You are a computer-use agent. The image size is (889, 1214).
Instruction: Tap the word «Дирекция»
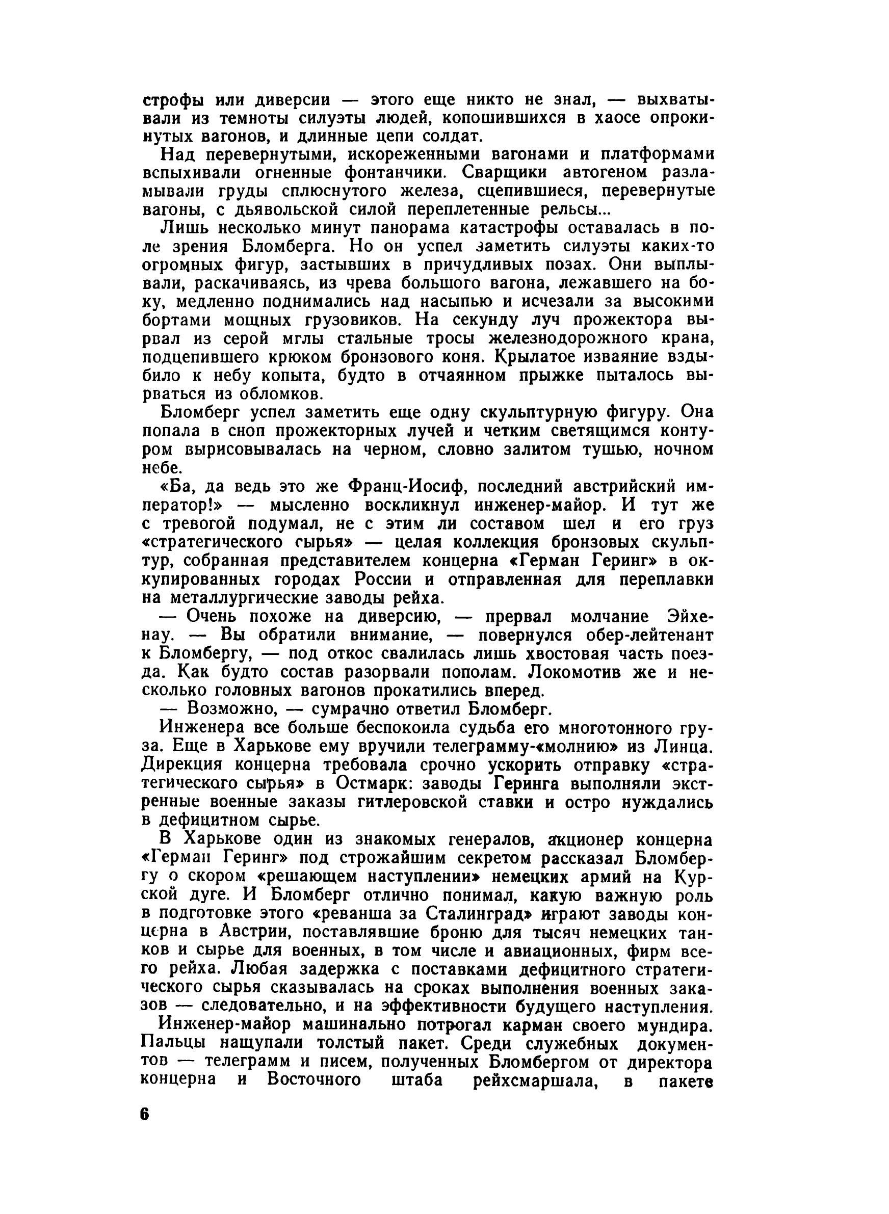tap(187, 765)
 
